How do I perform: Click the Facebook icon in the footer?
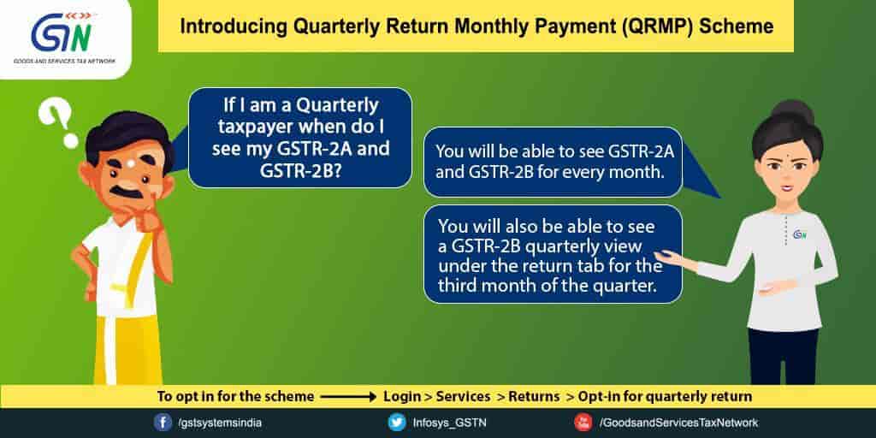tap(163, 423)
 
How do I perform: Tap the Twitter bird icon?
tap(397, 423)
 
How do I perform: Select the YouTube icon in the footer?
tap(583, 423)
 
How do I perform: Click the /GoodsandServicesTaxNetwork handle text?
tap(678, 423)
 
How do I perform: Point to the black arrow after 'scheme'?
tap(349, 397)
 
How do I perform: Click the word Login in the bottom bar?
tap(402, 397)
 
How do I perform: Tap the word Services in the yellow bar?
tap(463, 397)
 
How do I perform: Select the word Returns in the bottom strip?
tap(535, 397)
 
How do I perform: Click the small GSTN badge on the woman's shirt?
tap(800, 234)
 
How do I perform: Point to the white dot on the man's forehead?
tap(130, 163)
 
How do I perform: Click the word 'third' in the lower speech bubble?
tap(455, 285)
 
